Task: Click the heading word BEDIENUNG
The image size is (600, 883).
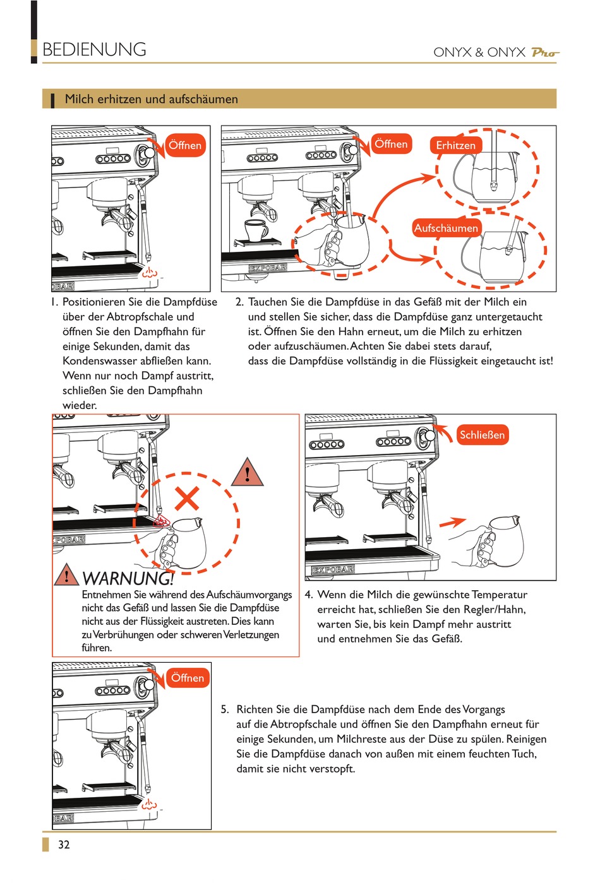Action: pyautogui.click(x=94, y=49)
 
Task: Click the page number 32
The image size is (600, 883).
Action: pyautogui.click(x=64, y=844)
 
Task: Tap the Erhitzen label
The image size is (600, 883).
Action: pyautogui.click(x=455, y=145)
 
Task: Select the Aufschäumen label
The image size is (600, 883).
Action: pyautogui.click(x=446, y=228)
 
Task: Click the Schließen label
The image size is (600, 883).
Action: pyautogui.click(x=482, y=435)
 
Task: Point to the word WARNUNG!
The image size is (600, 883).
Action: pyautogui.click(x=128, y=578)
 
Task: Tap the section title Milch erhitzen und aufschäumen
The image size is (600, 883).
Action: pyautogui.click(x=152, y=99)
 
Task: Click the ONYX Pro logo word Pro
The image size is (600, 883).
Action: pyautogui.click(x=544, y=52)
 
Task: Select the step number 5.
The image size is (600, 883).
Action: pyautogui.click(x=224, y=709)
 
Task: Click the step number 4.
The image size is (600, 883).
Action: pyautogui.click(x=309, y=595)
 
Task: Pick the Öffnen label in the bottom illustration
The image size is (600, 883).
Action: pyautogui.click(x=188, y=678)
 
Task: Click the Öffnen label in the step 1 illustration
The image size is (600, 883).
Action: pyautogui.click(x=185, y=145)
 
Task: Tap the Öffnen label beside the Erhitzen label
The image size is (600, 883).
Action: pyautogui.click(x=391, y=144)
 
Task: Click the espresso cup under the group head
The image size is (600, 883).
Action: pyautogui.click(x=256, y=230)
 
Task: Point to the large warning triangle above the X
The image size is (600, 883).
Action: pyautogui.click(x=247, y=472)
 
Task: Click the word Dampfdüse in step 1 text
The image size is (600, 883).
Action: pyautogui.click(x=189, y=302)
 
